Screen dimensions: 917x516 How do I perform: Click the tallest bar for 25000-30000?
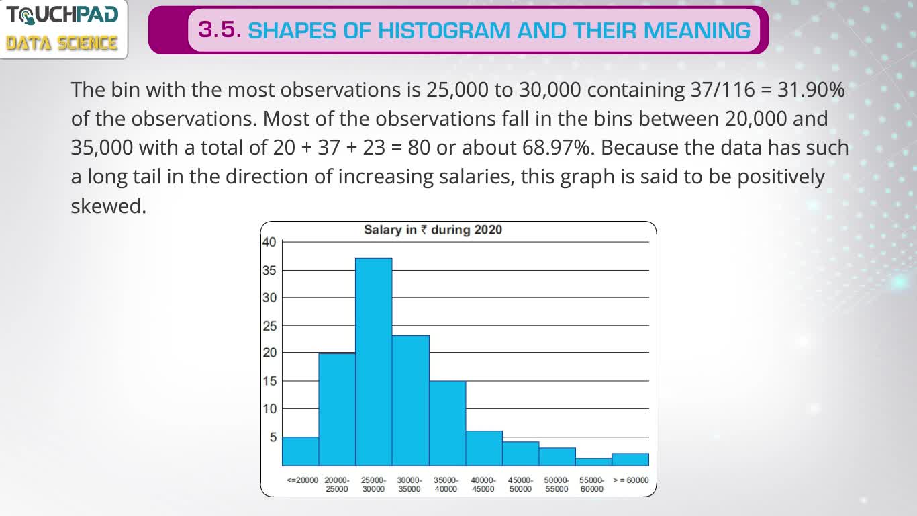[x=374, y=362]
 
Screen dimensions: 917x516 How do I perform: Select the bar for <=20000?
[x=301, y=451]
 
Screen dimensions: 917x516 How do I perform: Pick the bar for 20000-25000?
[x=337, y=409]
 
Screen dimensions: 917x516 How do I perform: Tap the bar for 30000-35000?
[x=411, y=400]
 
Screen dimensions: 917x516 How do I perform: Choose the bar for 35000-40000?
[x=448, y=423]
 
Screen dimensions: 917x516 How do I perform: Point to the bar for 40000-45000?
[x=484, y=448]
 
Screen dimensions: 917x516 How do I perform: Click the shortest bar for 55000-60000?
[x=594, y=462]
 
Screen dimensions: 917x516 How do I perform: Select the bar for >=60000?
[x=630, y=460]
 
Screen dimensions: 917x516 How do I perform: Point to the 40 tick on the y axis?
[x=269, y=243]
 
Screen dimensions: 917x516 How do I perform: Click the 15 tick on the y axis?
[x=269, y=381]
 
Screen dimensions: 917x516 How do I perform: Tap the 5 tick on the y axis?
[x=273, y=437]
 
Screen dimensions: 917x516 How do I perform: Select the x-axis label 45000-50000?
[x=520, y=484]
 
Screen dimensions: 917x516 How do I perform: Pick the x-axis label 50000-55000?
[x=557, y=484]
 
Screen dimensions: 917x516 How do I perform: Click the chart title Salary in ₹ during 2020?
[x=433, y=230]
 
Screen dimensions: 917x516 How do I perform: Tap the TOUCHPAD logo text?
[x=62, y=15]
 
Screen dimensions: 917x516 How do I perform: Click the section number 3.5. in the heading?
[x=220, y=30]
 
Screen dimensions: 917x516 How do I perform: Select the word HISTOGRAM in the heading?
[x=444, y=30]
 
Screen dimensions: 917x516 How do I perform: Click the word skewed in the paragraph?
[x=109, y=206]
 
